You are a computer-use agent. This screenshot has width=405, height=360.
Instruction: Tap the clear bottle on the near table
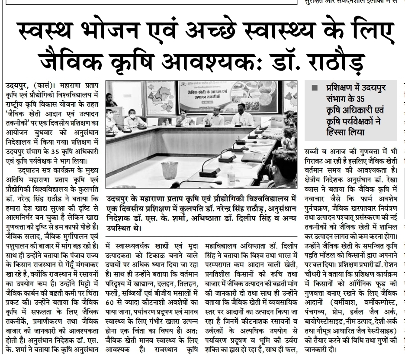(231, 175)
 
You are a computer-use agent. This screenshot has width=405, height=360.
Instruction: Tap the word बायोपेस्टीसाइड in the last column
(326, 322)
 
